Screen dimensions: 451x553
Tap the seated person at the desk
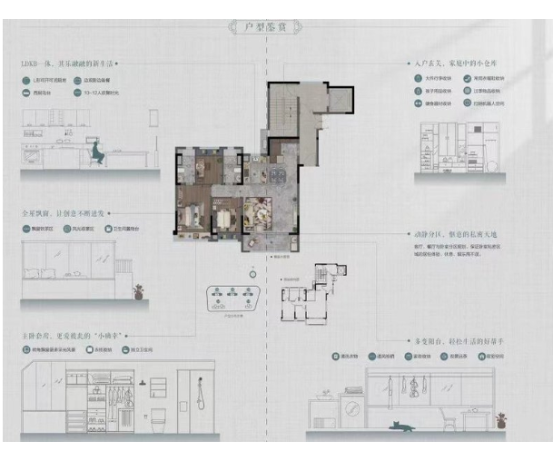[95, 154]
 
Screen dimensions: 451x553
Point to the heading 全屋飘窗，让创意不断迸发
[65, 212]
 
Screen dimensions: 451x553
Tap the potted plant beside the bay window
[138, 292]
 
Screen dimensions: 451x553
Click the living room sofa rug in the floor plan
[263, 212]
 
